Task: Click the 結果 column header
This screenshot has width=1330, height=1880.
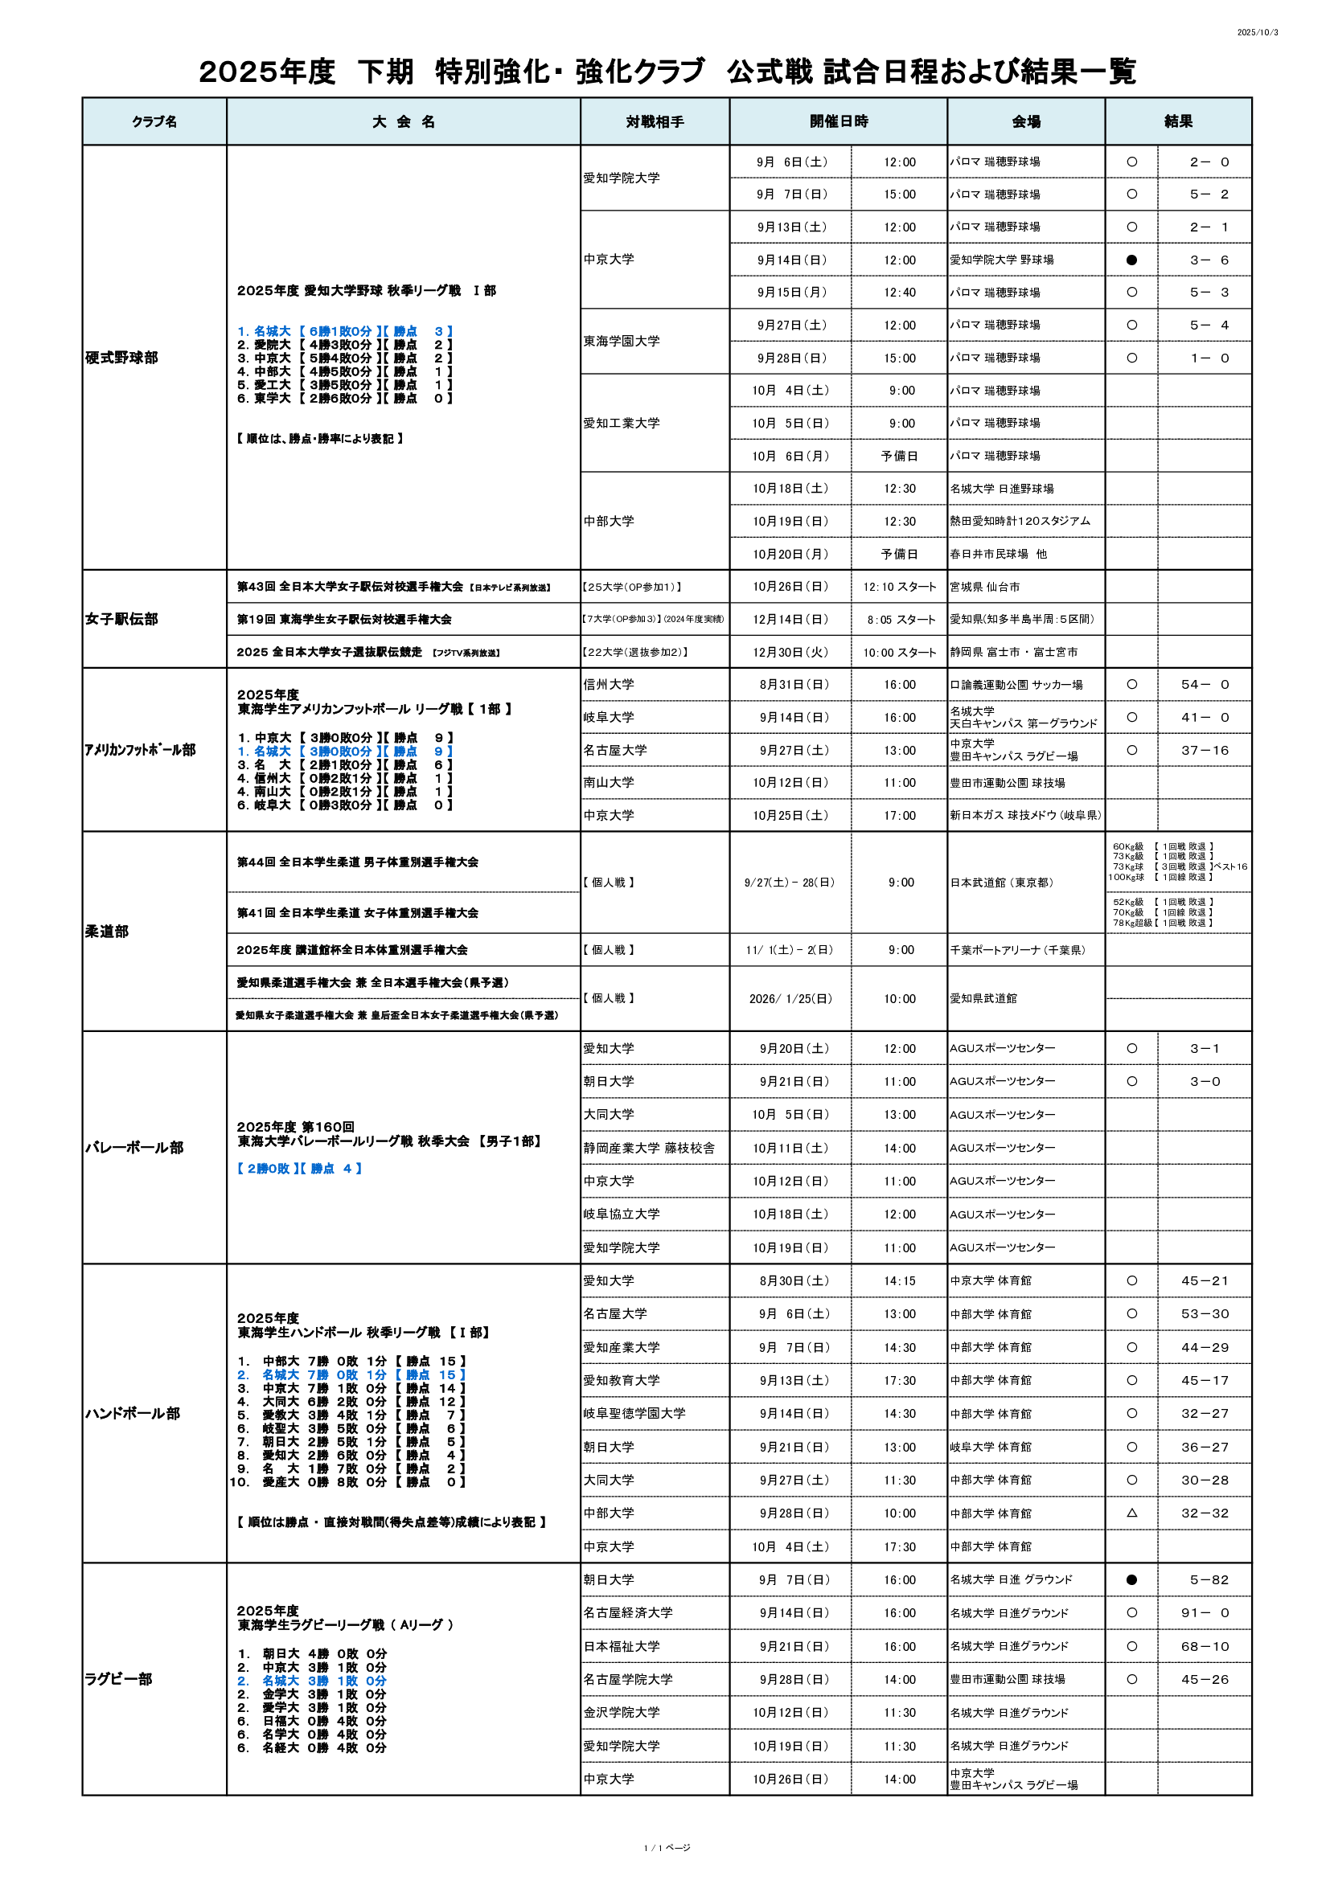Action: pos(1178,121)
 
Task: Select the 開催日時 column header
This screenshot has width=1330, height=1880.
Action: pos(838,121)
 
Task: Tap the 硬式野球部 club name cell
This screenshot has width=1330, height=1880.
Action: pos(121,358)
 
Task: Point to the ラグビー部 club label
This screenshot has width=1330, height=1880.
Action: pos(118,1679)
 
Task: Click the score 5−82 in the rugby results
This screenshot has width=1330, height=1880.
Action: pos(1205,1580)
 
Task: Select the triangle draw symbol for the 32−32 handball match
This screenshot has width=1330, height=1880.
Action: pos(1131,1513)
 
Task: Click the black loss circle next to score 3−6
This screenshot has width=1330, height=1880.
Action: pos(1131,260)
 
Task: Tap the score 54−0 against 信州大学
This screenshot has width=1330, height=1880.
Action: pos(1205,685)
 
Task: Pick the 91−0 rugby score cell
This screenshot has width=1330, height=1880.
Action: pos(1205,1613)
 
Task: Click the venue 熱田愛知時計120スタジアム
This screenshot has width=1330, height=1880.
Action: pos(1020,522)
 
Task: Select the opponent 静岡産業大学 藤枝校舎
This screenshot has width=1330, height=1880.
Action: pos(649,1148)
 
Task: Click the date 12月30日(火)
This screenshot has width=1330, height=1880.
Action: pos(790,653)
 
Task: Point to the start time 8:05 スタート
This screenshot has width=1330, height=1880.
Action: pos(900,620)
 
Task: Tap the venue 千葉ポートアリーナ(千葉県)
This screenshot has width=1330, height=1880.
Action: pos(1018,950)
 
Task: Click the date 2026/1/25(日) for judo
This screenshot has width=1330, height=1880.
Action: pos(790,999)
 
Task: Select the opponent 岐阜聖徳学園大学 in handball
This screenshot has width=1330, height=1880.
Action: pos(634,1413)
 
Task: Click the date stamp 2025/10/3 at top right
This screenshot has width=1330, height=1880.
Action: pos(1257,33)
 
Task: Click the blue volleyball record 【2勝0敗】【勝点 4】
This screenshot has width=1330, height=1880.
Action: pos(299,1169)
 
